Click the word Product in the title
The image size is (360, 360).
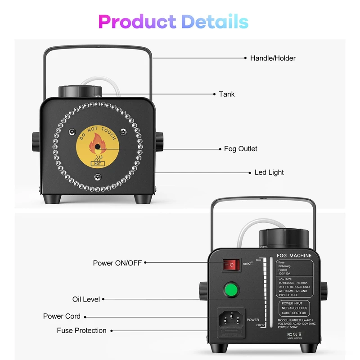tap(137, 21)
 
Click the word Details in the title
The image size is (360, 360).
tap(215, 21)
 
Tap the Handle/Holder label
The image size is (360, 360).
tap(273, 58)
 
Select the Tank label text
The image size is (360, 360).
tap(227, 94)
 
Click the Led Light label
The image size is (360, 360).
tap(269, 172)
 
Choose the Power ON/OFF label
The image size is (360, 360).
tap(117, 263)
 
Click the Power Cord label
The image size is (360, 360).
tap(62, 316)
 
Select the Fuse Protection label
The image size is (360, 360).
tap(81, 331)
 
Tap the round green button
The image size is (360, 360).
tap(231, 289)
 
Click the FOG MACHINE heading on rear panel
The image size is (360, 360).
tap(294, 256)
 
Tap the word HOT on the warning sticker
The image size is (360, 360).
tap(97, 164)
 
